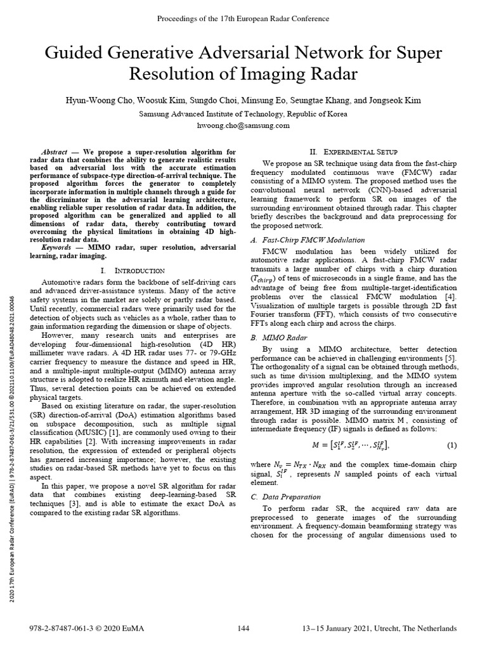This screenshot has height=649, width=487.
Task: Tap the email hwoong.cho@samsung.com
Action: [x=243, y=125]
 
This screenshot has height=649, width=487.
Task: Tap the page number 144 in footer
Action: [x=243, y=629]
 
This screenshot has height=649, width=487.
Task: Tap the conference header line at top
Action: [x=243, y=18]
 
